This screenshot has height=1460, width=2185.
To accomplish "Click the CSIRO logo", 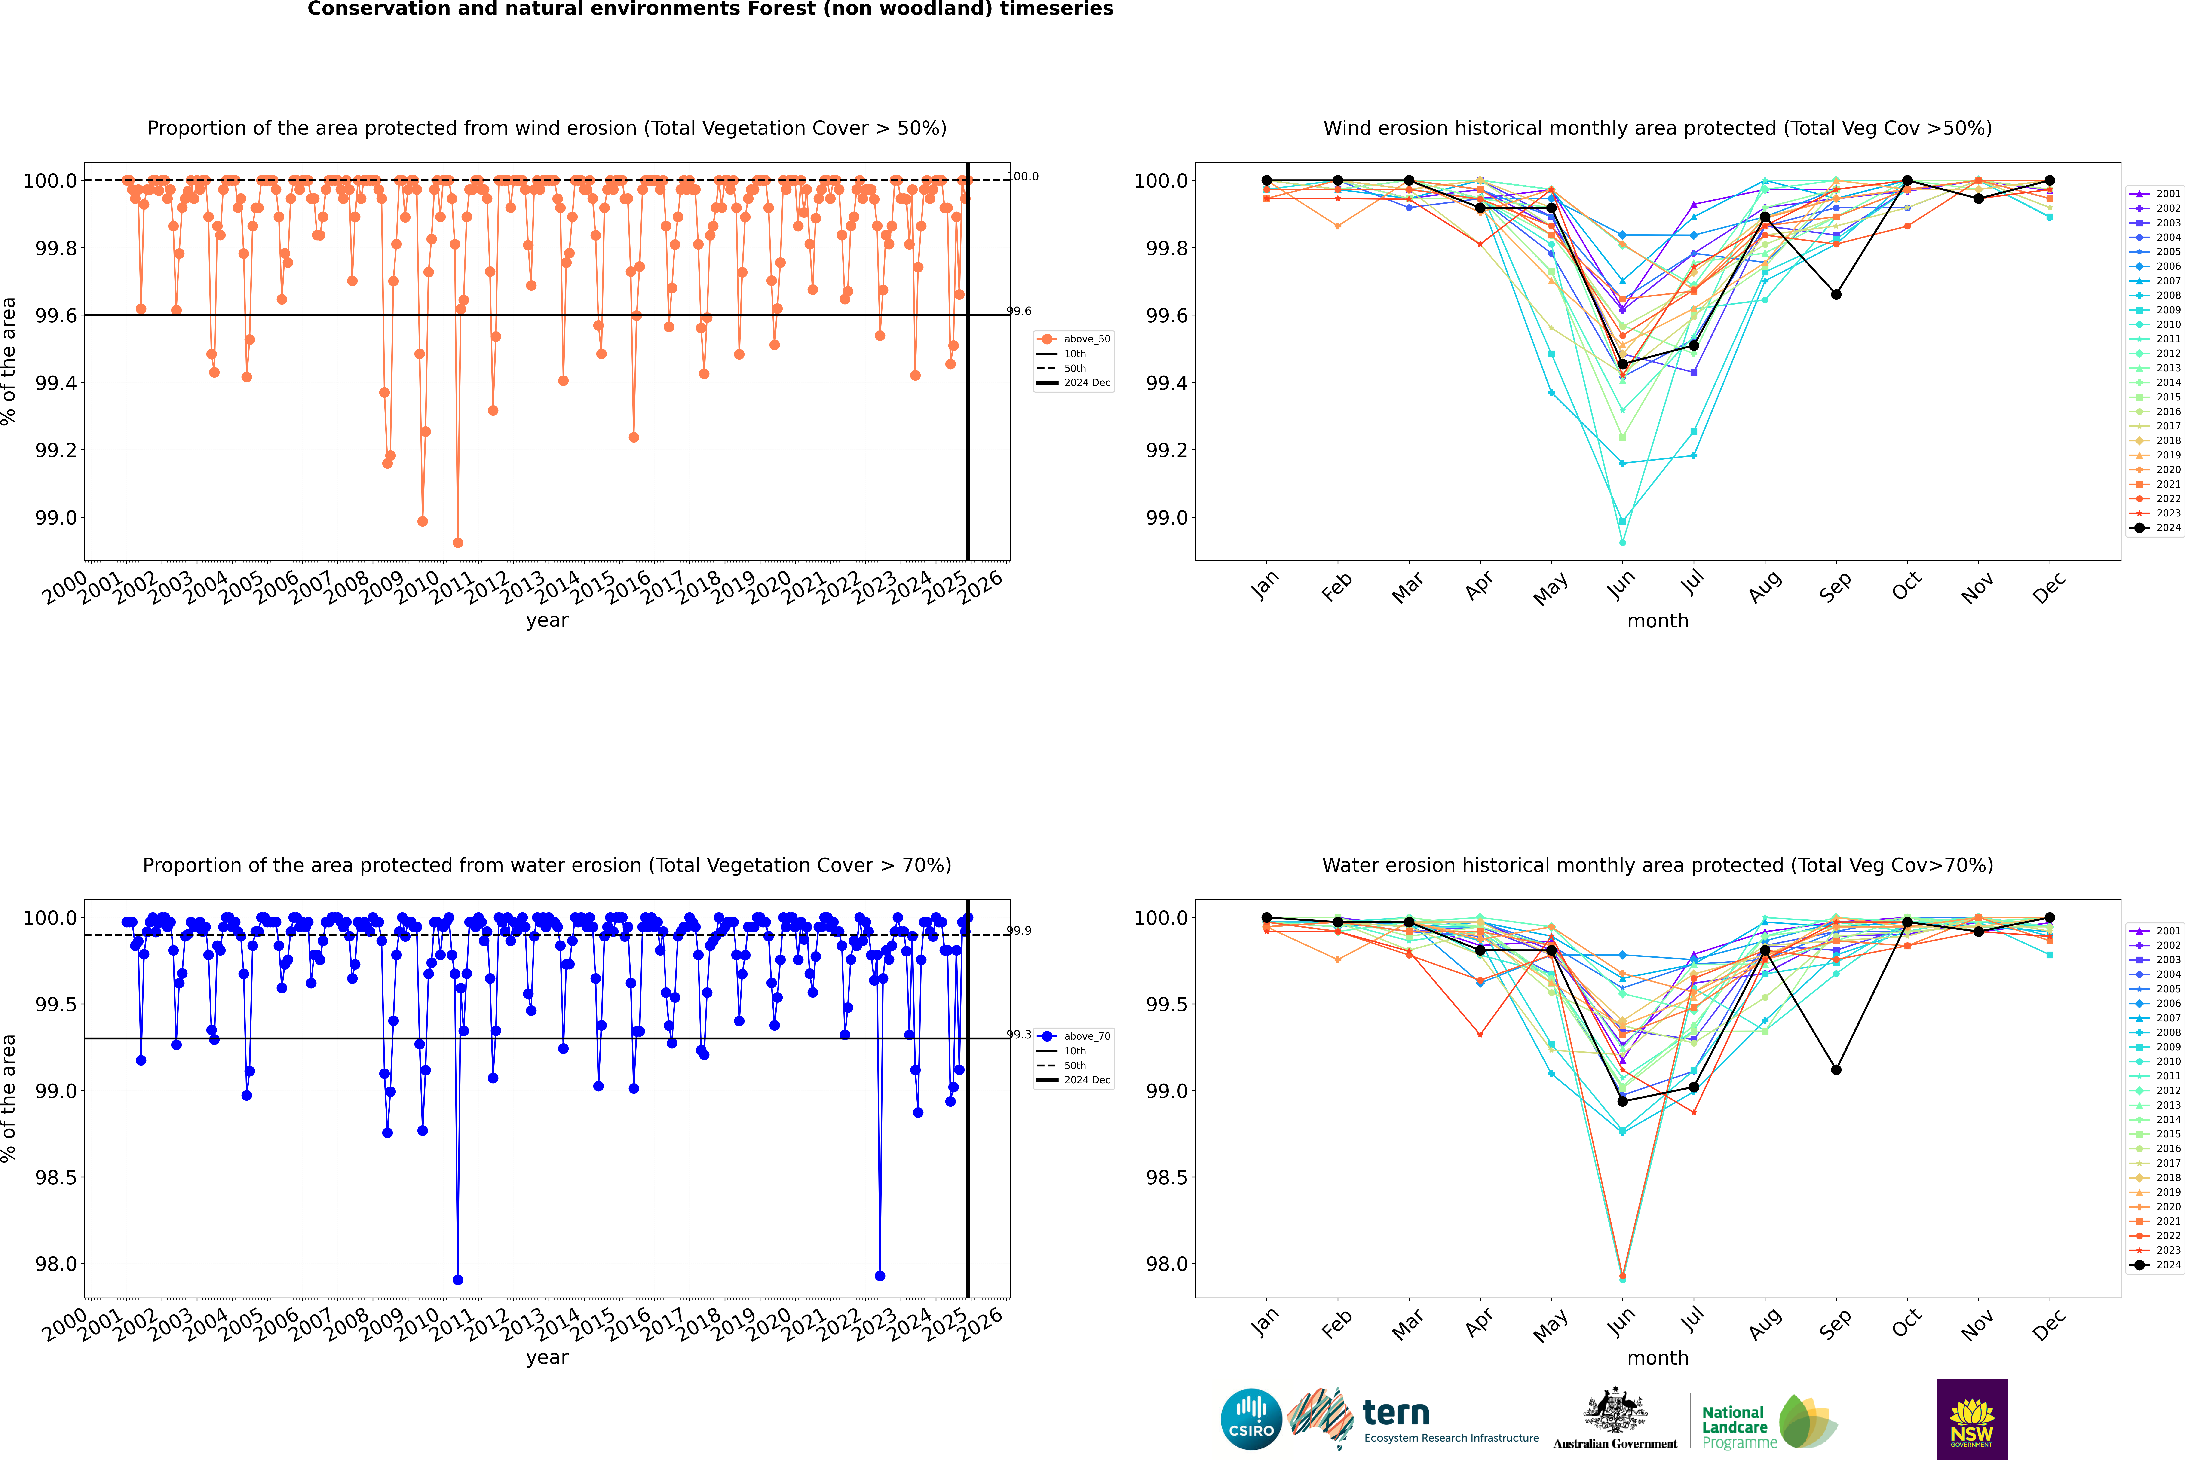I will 1251,1419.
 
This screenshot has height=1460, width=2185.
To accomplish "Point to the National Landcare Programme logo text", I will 1734,1426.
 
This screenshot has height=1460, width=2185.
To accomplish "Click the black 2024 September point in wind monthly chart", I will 1836,294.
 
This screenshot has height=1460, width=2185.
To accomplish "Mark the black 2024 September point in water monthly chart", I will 1836,1069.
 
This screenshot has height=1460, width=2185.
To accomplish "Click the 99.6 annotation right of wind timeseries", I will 1019,311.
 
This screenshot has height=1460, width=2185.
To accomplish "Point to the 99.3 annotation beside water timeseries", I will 1019,1035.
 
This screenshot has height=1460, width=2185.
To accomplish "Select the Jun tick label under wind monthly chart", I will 1621,585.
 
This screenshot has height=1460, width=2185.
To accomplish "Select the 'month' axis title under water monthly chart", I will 1657,1358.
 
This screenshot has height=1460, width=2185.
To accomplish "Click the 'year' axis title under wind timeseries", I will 547,620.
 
